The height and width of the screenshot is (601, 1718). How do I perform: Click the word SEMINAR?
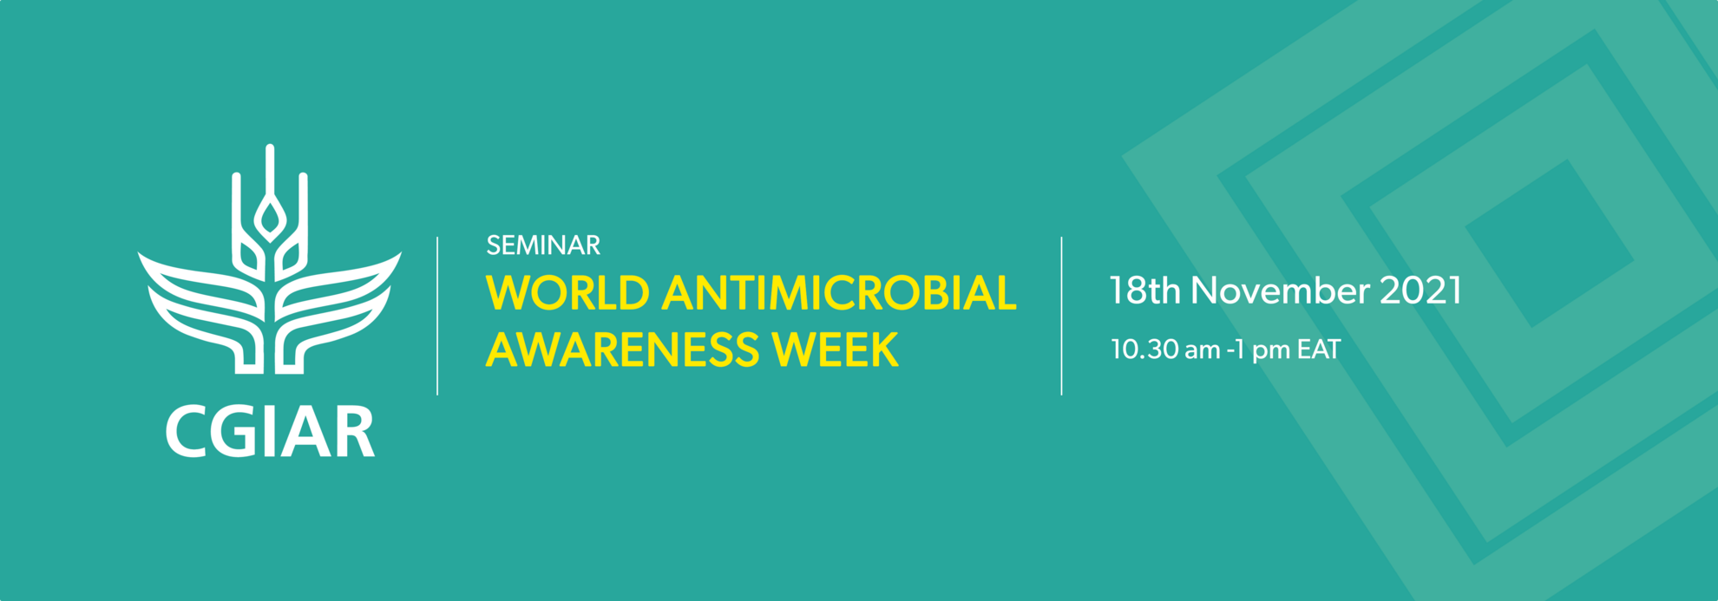(543, 245)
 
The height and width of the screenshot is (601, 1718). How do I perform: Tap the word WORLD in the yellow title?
(567, 293)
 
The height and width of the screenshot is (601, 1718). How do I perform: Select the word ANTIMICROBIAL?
(838, 293)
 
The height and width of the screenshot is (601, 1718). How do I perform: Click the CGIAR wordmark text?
(270, 431)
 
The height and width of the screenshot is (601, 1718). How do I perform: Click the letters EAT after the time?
(1319, 349)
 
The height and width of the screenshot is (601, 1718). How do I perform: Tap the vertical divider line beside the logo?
(437, 316)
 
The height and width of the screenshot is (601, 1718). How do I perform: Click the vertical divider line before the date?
(1061, 316)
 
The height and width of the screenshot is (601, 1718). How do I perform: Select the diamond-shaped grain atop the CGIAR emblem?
(270, 219)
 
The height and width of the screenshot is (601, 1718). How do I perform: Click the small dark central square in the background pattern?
(1550, 244)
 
